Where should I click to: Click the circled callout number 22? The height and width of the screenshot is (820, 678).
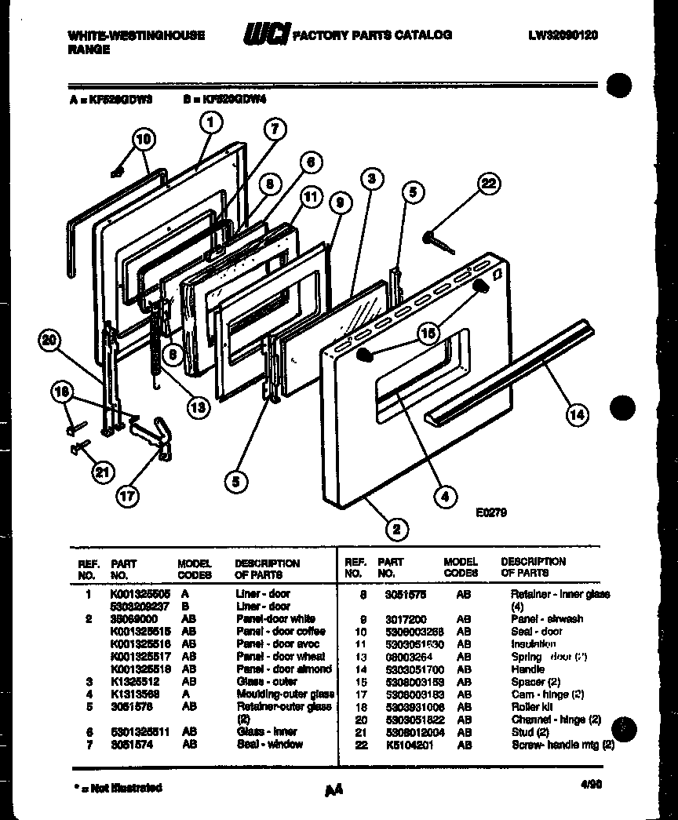point(488,184)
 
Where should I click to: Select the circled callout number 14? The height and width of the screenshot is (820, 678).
point(576,414)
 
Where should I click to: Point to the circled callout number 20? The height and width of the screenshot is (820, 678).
point(50,340)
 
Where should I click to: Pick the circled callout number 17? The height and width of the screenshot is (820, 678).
point(126,495)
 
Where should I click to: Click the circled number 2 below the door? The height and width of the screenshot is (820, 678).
point(396,529)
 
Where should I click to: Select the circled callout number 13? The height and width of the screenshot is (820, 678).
point(199,406)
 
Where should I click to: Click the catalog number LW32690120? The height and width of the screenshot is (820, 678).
point(563,35)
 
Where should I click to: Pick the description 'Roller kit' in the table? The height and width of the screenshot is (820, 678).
point(532,707)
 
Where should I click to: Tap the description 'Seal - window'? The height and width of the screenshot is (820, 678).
point(269,744)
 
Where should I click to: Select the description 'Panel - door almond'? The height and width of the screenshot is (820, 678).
point(284,669)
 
